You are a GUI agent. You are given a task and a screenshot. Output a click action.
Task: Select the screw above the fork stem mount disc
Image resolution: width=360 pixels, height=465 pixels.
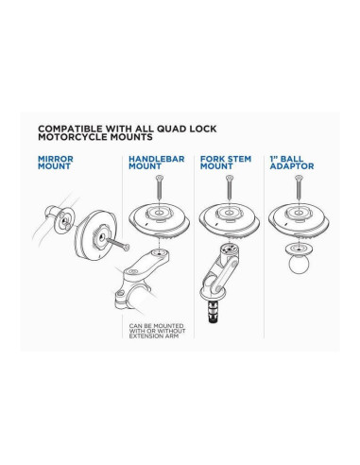pos(227,191)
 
